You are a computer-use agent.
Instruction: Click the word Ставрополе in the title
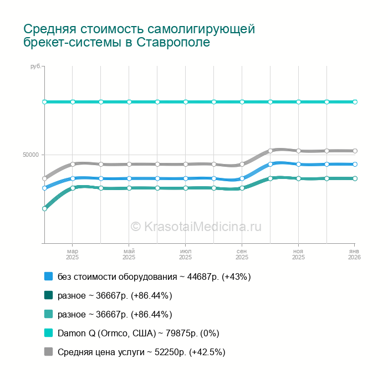(173, 42)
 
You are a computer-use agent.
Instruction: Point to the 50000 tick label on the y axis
(30, 155)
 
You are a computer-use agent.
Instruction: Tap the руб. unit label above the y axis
(35, 66)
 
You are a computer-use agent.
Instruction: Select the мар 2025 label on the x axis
(72, 254)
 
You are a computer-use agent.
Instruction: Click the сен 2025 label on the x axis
(242, 254)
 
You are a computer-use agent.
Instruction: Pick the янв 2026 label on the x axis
(355, 254)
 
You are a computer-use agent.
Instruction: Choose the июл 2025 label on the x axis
(185, 254)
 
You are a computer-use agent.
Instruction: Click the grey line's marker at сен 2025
(242, 164)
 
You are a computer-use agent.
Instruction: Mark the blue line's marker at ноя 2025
(298, 164)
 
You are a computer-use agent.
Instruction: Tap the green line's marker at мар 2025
(73, 188)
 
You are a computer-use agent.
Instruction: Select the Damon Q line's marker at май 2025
(129, 102)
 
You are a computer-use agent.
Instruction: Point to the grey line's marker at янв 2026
(355, 151)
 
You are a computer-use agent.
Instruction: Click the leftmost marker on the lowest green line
(44, 208)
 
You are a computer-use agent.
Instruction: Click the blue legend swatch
(49, 276)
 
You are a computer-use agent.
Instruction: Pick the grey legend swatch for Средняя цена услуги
(49, 351)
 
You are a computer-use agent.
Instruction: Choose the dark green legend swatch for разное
(49, 295)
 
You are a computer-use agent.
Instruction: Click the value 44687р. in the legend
(203, 276)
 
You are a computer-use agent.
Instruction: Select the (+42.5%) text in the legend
(207, 352)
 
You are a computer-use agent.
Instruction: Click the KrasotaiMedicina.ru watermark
(196, 227)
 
